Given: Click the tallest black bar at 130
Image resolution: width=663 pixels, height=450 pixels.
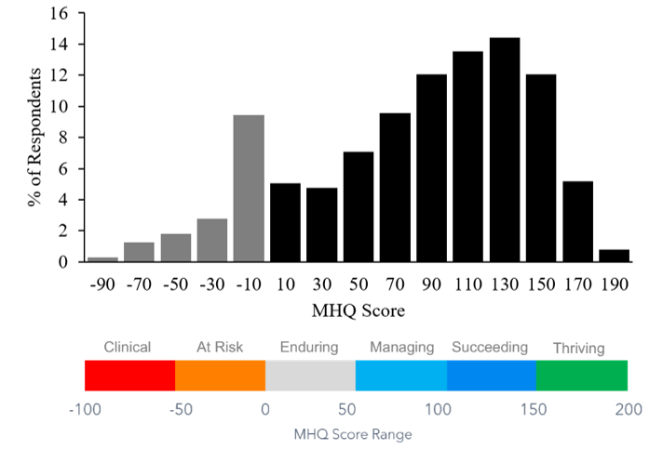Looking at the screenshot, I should click(504, 149).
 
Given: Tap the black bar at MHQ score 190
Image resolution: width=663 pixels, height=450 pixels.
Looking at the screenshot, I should click(614, 256).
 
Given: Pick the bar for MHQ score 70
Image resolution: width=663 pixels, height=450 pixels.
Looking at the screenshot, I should click(395, 187).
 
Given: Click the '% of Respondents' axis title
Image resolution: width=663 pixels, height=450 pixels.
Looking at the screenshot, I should click(34, 138).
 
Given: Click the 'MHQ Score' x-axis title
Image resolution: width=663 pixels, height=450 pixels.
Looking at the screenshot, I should click(358, 308).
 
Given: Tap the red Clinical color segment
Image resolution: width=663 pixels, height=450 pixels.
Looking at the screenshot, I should click(129, 376).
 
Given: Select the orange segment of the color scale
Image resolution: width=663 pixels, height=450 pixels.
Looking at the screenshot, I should click(220, 376).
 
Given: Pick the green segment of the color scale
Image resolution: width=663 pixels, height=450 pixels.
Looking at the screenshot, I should click(582, 376).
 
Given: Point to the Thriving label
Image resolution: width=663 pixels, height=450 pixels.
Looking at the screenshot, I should click(578, 349).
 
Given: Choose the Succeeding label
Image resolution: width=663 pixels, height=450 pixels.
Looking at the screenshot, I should click(490, 348).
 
